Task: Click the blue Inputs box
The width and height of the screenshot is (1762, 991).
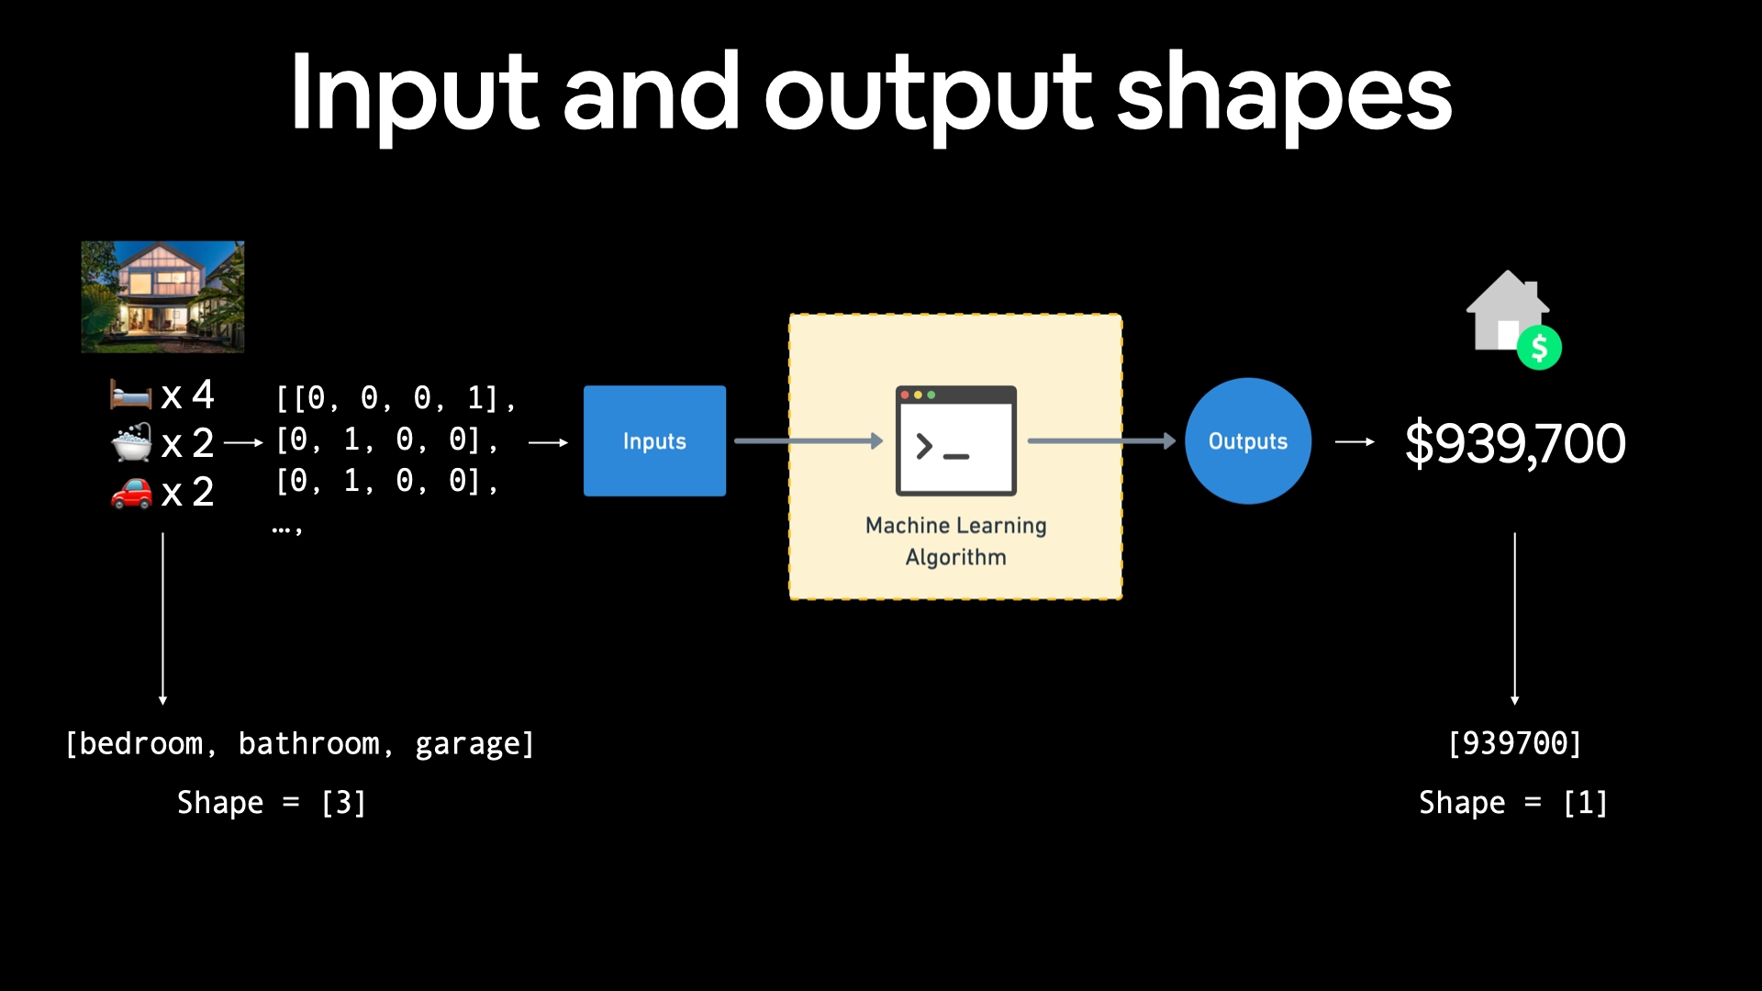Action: coord(654,440)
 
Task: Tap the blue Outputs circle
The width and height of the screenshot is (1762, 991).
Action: coord(1247,440)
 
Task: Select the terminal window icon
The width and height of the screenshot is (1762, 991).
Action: coord(955,440)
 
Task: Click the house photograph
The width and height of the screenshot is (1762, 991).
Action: coord(162,296)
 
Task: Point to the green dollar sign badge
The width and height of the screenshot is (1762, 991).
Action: coord(1539,348)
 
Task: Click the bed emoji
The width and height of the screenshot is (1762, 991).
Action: coord(130,395)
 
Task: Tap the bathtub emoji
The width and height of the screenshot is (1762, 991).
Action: coord(131,442)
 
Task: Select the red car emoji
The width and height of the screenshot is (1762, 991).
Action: coord(131,493)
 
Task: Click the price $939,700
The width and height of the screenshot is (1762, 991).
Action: coord(1515,443)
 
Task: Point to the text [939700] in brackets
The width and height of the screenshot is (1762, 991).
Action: coord(1514,743)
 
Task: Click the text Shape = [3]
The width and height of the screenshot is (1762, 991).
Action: coord(272,803)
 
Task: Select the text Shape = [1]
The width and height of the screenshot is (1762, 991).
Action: coord(1513,803)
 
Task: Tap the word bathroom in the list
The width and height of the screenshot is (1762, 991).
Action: coord(308,743)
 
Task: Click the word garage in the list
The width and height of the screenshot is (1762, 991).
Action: coord(467,743)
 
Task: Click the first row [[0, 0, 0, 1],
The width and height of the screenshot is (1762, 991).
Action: coord(396,398)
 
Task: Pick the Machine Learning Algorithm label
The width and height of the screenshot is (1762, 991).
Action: coord(955,541)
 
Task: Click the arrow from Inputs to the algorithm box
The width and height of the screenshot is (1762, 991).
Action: coord(808,441)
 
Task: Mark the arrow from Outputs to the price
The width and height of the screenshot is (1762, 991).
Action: coord(1355,442)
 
